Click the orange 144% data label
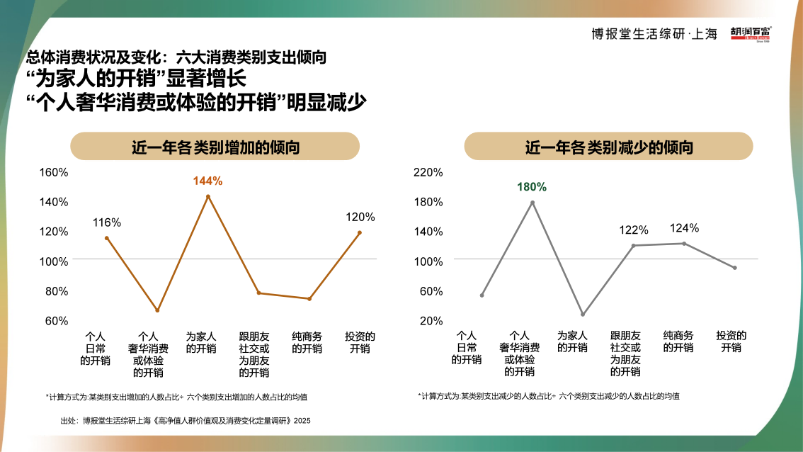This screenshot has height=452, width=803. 207,181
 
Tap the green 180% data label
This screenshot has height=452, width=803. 532,187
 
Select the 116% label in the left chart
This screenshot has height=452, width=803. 107,222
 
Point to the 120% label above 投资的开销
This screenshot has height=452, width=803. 360,217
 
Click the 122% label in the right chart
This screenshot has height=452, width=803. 634,230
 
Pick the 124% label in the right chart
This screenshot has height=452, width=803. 684,228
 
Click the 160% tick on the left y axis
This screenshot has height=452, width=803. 54,172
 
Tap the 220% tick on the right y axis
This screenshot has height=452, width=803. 428,172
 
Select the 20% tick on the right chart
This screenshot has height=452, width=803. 431,321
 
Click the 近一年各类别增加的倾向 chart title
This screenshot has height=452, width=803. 215,147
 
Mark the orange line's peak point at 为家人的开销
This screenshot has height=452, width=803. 208,196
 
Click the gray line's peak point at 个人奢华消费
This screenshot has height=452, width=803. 533,203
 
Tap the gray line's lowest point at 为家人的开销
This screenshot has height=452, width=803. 583,314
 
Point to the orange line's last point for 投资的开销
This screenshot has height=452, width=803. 360,232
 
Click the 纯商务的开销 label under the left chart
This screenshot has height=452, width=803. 307,342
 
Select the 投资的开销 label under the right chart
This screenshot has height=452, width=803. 731,341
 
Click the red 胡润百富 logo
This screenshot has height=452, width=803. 751,33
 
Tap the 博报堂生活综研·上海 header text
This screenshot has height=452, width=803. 654,33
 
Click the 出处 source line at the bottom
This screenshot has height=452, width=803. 186,420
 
